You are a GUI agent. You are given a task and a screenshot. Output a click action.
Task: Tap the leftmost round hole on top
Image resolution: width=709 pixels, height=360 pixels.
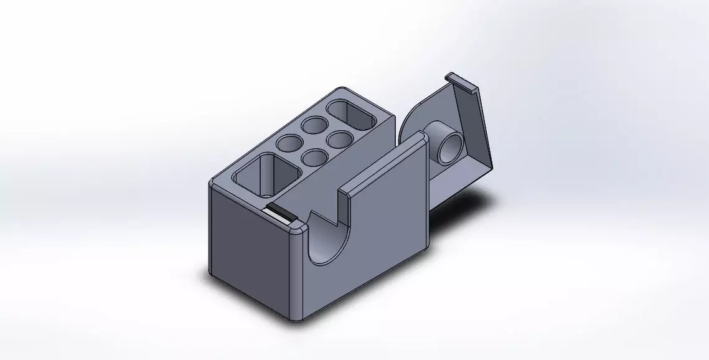point(288,144)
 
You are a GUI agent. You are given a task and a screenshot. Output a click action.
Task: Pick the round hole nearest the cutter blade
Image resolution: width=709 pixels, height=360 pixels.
point(314,158)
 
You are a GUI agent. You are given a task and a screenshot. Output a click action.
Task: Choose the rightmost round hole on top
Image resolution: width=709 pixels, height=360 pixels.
point(340,138)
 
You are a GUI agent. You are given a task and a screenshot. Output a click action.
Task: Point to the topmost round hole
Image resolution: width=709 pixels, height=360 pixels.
point(314,125)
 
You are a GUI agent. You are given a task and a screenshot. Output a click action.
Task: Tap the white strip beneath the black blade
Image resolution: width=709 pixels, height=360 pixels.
point(276,215)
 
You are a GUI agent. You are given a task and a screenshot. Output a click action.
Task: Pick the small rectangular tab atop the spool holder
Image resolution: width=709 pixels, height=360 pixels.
point(461,82)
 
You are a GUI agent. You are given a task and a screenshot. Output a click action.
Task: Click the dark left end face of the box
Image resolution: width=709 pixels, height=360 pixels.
point(249,249)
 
